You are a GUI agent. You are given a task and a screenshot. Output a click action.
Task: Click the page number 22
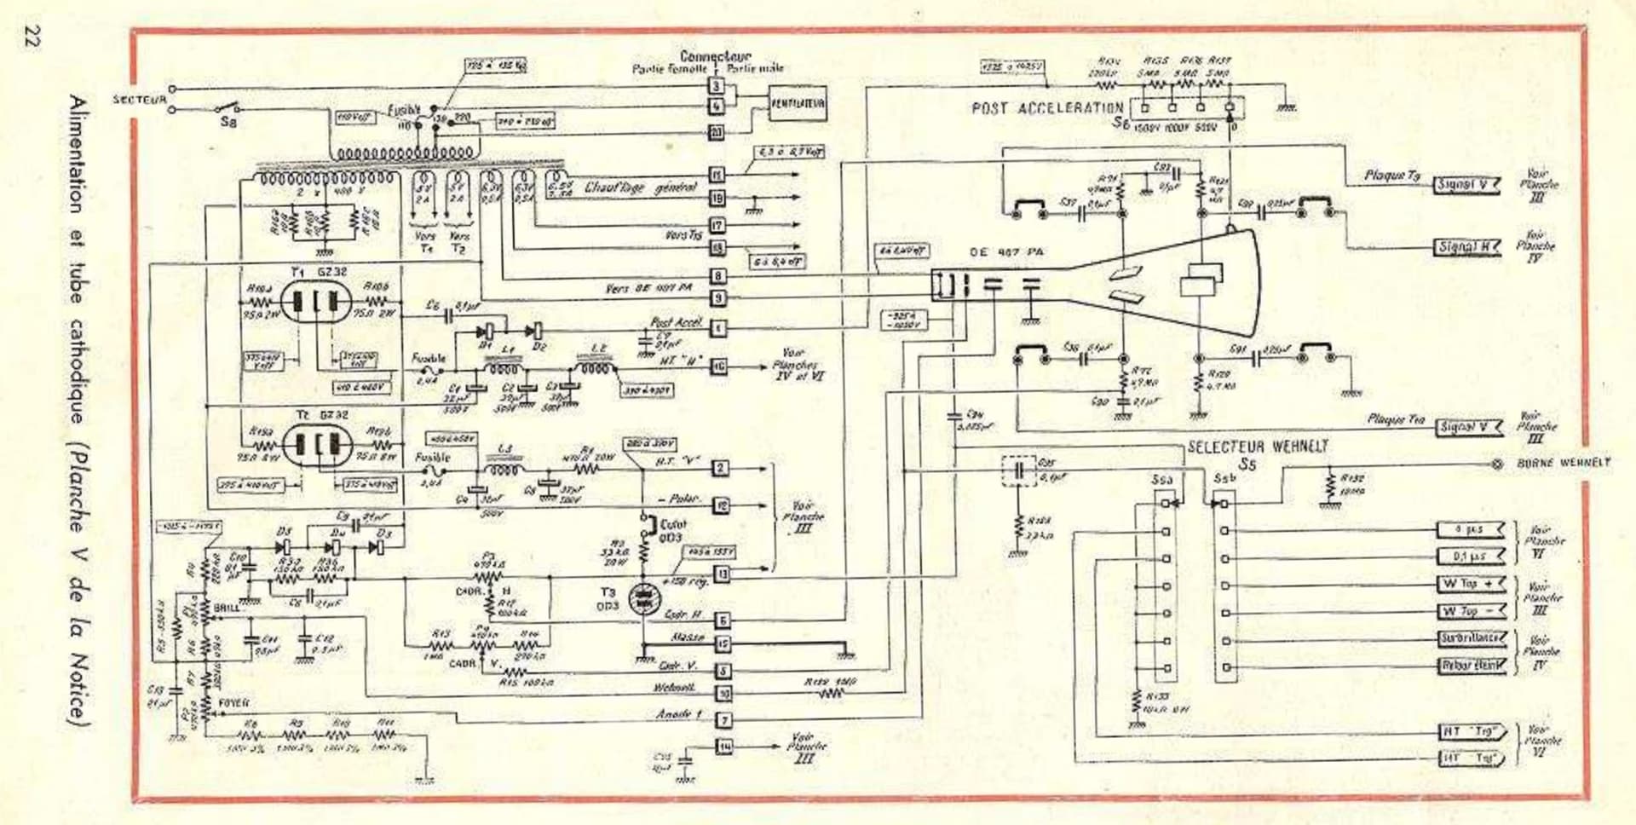tap(32, 37)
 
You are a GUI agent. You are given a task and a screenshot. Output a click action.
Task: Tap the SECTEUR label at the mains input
tap(140, 100)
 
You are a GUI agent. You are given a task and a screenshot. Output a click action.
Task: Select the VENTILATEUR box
tap(797, 104)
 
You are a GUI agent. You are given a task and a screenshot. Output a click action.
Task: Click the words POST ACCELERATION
tap(1047, 108)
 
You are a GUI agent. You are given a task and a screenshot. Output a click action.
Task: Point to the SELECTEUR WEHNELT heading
tap(1258, 447)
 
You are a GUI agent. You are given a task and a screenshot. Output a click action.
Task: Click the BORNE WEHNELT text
tap(1564, 463)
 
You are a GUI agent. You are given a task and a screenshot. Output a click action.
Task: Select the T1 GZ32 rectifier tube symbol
tap(315, 302)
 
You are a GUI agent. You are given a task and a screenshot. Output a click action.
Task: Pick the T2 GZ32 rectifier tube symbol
tap(316, 445)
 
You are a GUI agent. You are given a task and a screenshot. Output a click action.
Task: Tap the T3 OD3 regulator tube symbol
tap(643, 599)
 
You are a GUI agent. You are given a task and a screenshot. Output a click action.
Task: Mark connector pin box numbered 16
tap(719, 366)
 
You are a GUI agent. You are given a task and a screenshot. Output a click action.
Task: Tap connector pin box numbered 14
tap(723, 747)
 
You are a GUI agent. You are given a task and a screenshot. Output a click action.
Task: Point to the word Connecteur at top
tap(715, 56)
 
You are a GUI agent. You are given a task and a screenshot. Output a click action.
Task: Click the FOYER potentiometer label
tap(233, 703)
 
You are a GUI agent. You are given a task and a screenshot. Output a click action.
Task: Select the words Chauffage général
tap(640, 187)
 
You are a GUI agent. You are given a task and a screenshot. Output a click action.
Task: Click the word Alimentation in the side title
tap(78, 153)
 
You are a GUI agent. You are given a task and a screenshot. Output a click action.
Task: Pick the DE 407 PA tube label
tap(1005, 252)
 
